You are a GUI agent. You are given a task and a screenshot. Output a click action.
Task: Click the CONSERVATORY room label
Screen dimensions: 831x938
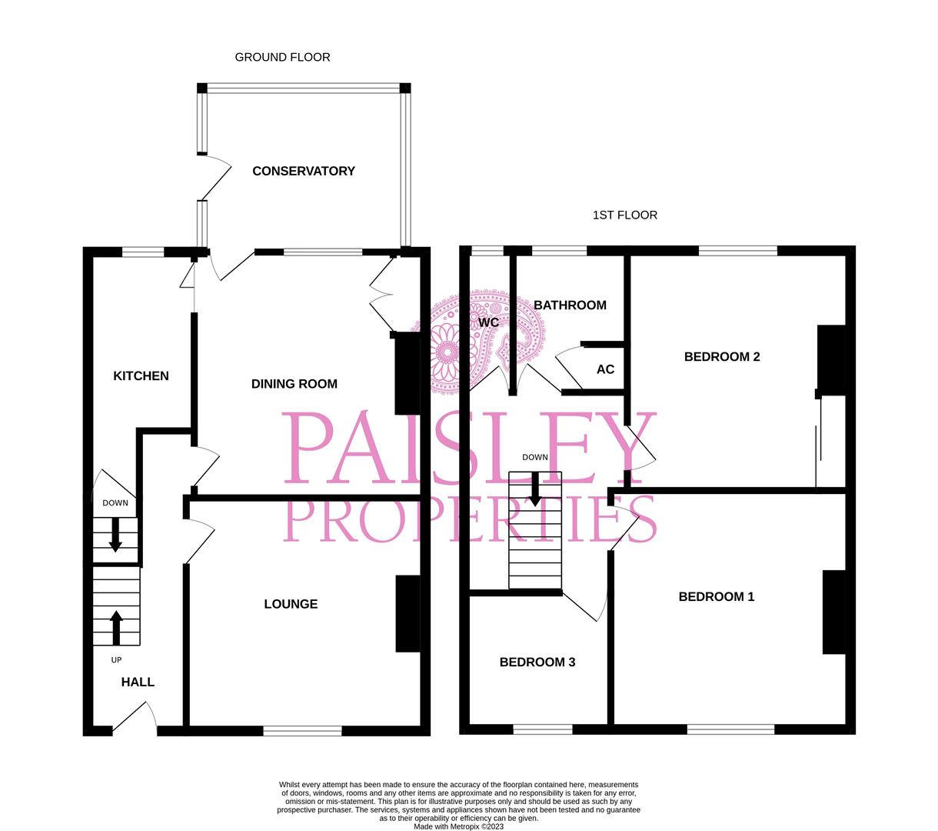304,171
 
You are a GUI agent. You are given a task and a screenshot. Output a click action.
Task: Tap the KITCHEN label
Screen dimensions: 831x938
141,375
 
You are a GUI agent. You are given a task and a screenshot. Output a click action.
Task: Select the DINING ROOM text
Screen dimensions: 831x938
294,384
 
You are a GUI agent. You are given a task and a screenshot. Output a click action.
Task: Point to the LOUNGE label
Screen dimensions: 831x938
291,604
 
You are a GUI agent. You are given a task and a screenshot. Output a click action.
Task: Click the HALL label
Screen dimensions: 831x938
138,682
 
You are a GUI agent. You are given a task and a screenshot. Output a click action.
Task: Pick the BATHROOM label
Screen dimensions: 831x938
570,305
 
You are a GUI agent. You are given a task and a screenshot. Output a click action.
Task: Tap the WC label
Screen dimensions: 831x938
488,322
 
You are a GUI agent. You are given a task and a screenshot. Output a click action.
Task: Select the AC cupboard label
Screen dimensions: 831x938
605,369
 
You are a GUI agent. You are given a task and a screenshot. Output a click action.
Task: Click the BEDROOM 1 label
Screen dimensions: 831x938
716,596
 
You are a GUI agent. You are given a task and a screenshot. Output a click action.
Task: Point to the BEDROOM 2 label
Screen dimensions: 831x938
722,356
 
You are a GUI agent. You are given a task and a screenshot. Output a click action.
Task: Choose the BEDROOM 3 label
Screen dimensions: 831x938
537,662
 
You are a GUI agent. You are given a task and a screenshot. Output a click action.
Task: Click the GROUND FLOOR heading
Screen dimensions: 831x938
282,57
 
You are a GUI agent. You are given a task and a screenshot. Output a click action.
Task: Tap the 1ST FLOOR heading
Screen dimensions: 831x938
624,215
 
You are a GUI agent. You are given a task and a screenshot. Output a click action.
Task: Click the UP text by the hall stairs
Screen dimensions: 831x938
116,660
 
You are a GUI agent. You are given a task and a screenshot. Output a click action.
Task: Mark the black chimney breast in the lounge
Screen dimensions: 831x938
407,614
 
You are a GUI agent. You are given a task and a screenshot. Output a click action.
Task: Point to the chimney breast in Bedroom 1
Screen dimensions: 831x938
834,612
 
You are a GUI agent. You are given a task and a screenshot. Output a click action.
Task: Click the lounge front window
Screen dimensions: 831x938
302,730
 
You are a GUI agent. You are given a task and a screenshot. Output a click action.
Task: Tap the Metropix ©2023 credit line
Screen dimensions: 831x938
458,827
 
